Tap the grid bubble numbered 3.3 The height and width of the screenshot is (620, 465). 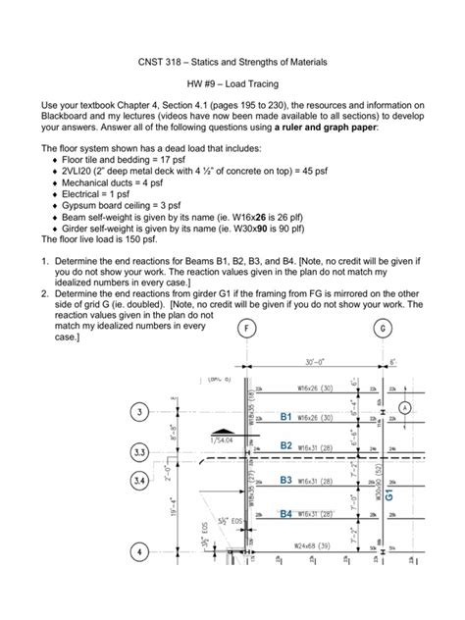tap(139, 452)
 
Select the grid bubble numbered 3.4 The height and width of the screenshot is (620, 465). tap(139, 482)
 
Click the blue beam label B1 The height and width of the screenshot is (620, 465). tap(286, 417)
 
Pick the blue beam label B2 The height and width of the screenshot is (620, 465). tap(286, 445)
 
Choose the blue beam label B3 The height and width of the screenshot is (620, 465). tap(286, 480)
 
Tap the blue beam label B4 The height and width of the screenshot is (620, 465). tap(286, 513)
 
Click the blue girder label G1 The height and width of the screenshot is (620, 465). tap(388, 496)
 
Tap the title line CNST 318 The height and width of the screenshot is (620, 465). tap(232, 63)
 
